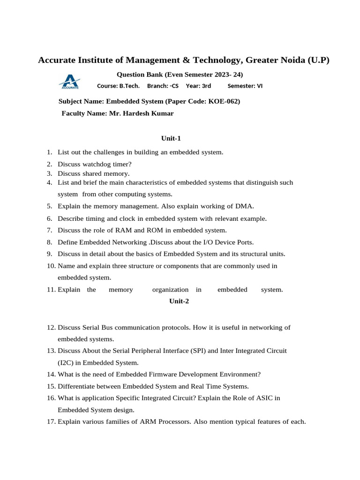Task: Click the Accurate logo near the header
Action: click(69, 82)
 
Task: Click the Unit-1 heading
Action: click(171, 138)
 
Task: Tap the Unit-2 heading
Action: click(179, 301)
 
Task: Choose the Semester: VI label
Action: click(245, 86)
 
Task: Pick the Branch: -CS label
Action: click(163, 86)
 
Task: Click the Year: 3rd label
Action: click(198, 86)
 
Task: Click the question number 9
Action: click(49, 254)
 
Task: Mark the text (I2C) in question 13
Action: click(66, 362)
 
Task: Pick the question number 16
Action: click(51, 398)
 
